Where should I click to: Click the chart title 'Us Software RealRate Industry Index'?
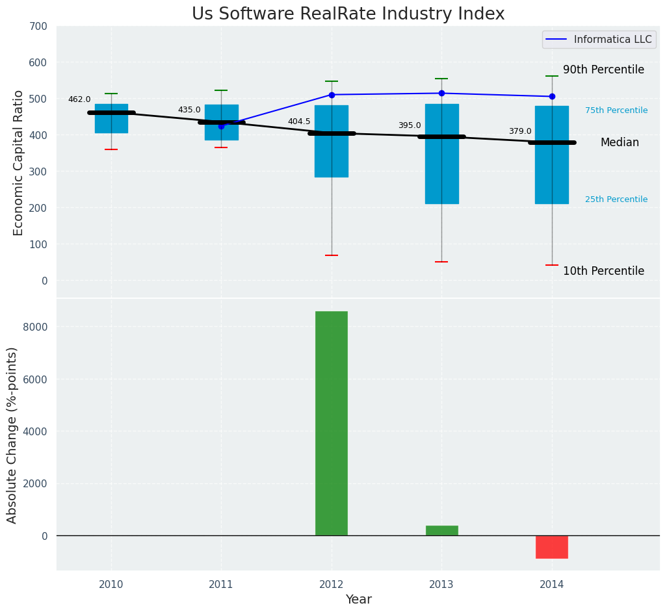point(348,14)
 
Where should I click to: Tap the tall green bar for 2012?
point(332,423)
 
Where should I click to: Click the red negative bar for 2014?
point(552,547)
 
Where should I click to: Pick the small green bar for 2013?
point(442,531)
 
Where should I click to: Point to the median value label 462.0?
point(79,99)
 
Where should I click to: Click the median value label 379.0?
point(520,131)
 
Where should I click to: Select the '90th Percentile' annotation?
point(603,70)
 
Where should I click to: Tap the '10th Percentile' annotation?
point(603,271)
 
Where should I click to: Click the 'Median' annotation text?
point(620,142)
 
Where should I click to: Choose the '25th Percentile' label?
point(616,199)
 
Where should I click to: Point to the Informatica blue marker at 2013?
point(441,93)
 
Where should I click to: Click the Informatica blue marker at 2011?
point(221,126)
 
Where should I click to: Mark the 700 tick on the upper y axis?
point(38,26)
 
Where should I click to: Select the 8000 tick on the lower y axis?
point(35,326)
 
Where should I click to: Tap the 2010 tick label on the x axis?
point(111,585)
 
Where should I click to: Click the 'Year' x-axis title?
point(358,600)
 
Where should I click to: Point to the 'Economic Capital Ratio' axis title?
point(19,162)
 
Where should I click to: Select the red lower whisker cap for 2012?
point(332,255)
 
